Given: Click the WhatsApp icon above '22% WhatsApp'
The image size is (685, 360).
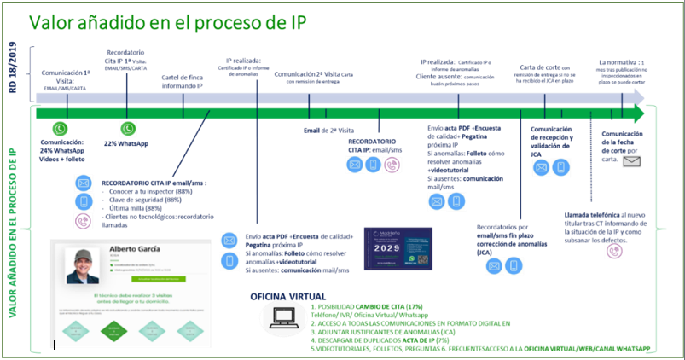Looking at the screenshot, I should point(128,128).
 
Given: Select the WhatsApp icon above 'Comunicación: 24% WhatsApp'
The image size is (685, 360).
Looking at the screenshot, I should point(61,128).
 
